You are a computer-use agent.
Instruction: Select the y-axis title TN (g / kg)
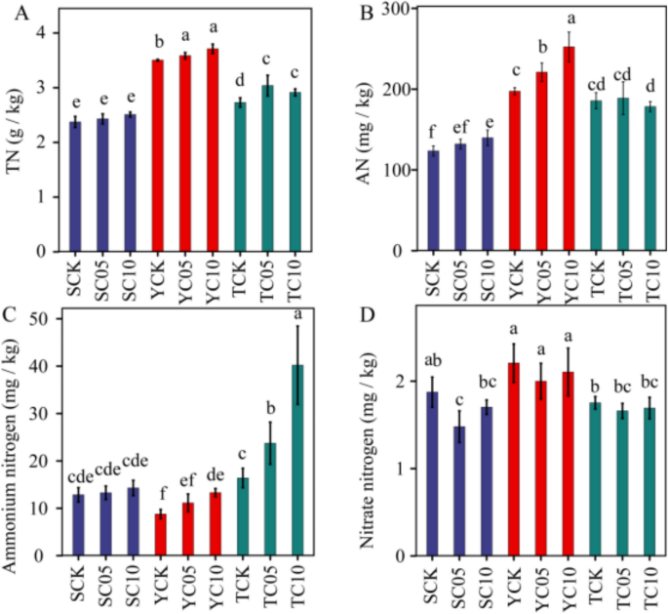[x=14, y=146]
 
